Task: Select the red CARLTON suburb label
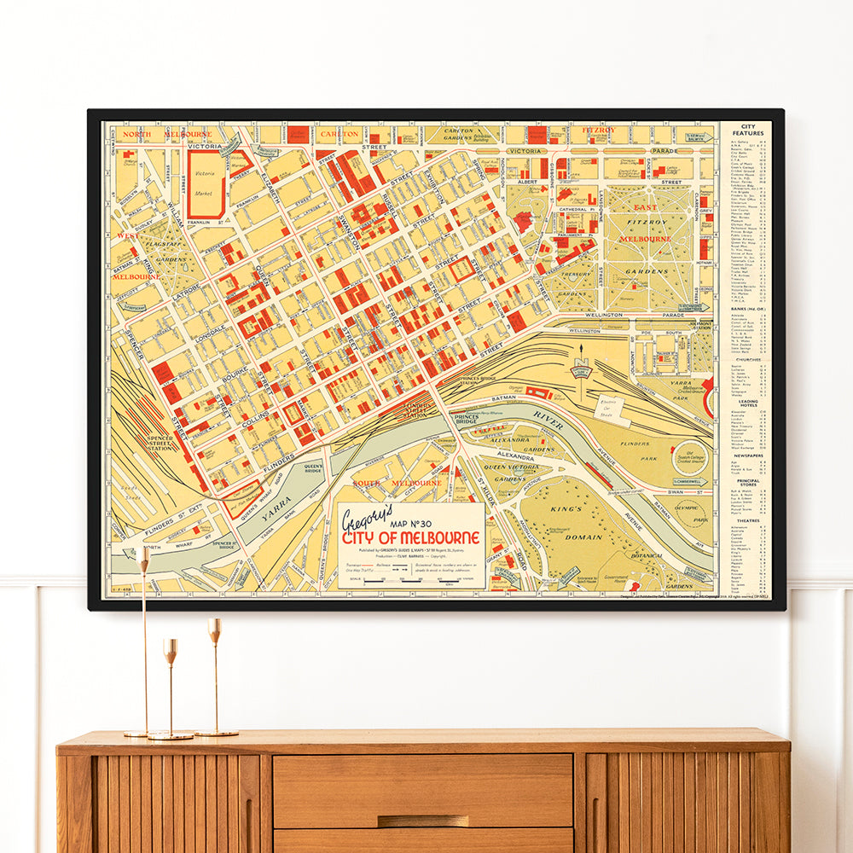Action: click(x=339, y=134)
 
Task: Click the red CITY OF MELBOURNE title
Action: click(x=411, y=539)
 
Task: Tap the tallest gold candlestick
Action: click(x=143, y=640)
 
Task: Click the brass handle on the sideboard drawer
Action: click(x=423, y=821)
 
